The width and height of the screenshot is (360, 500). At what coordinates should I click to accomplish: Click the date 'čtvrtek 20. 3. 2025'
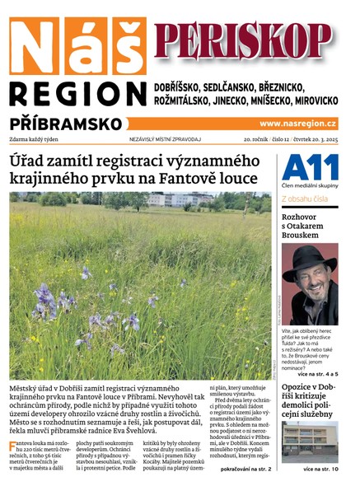pyautogui.click(x=314, y=139)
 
